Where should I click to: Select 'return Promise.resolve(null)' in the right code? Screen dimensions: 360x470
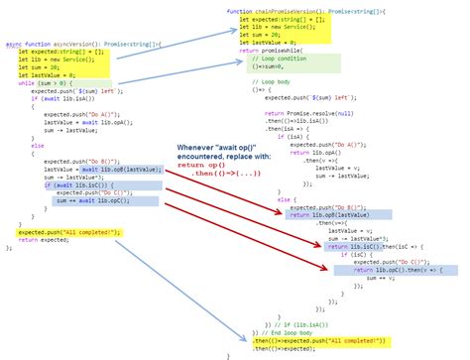(x=308, y=114)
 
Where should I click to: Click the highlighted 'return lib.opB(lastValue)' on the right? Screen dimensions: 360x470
(x=327, y=213)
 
